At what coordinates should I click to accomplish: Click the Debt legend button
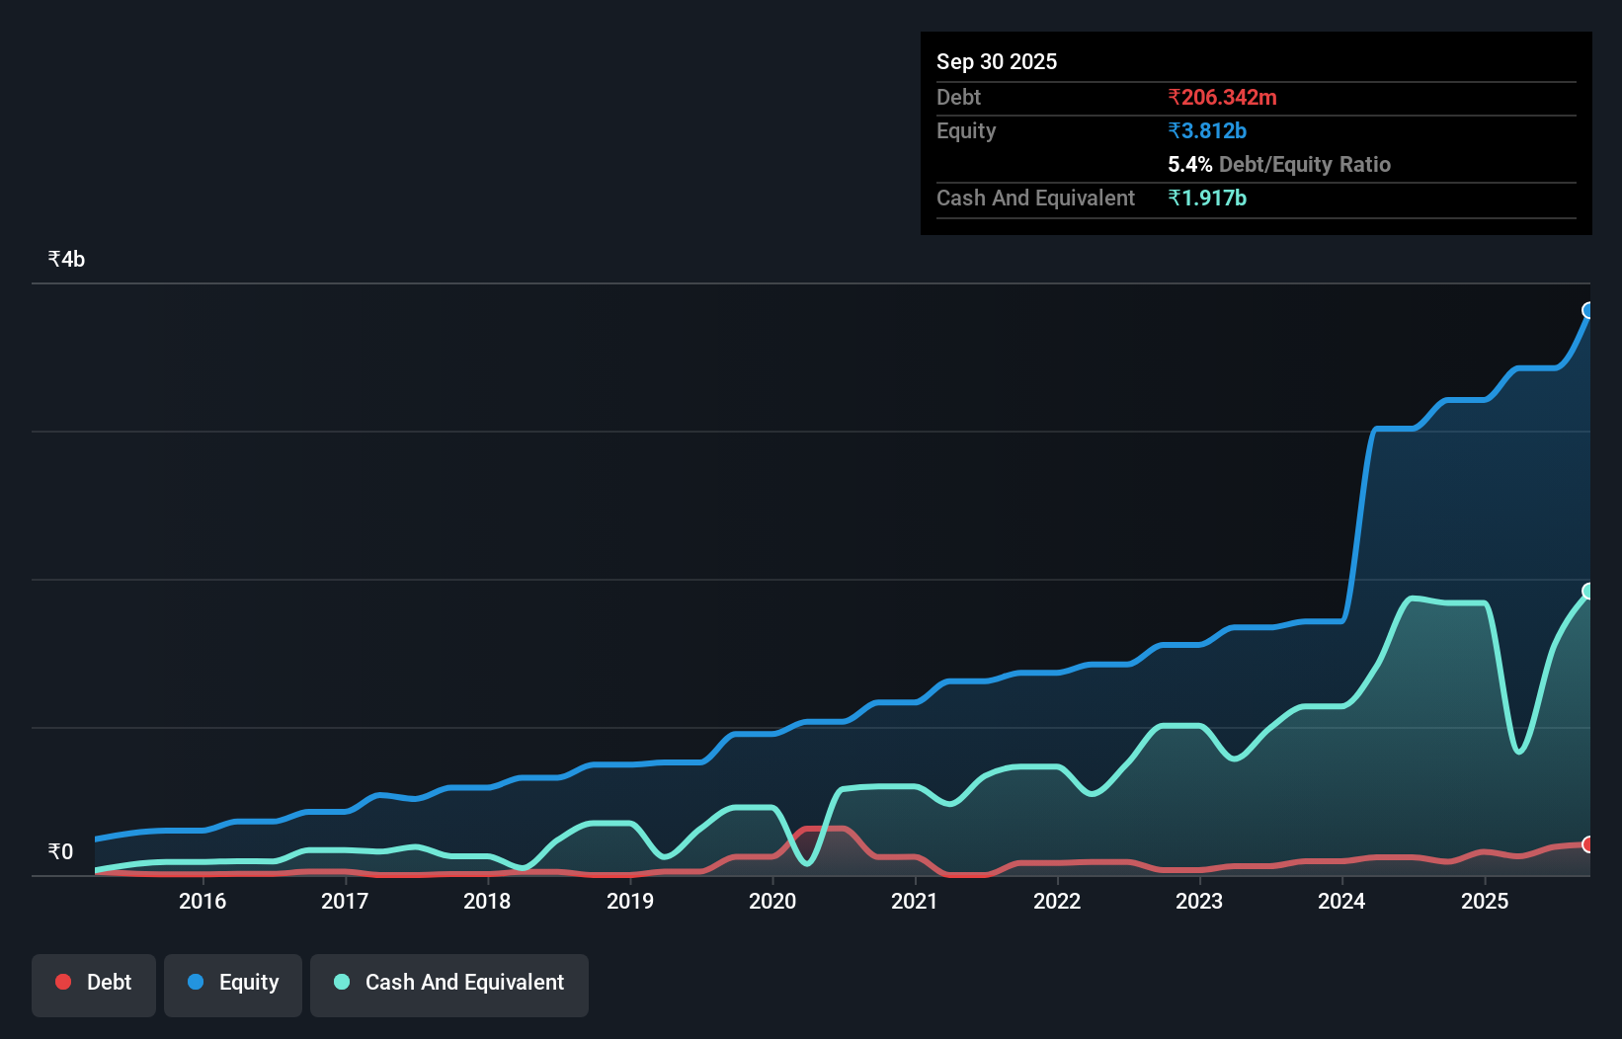pyautogui.click(x=94, y=983)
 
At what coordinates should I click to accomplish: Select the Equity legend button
pyautogui.click(x=233, y=983)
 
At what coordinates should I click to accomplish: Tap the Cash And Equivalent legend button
pyautogui.click(x=449, y=983)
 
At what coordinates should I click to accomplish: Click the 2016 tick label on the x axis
pyautogui.click(x=203, y=901)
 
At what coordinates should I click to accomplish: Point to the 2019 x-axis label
pyautogui.click(x=630, y=901)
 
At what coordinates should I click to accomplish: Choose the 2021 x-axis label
pyautogui.click(x=915, y=901)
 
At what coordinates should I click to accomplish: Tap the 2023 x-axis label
pyautogui.click(x=1199, y=901)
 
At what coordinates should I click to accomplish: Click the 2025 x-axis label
pyautogui.click(x=1485, y=901)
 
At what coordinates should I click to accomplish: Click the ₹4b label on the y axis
pyautogui.click(x=66, y=259)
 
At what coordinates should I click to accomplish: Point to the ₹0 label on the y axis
pyautogui.click(x=60, y=851)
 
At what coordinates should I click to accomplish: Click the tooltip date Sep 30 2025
pyautogui.click(x=997, y=61)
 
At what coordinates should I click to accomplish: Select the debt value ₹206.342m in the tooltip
pyautogui.click(x=1222, y=97)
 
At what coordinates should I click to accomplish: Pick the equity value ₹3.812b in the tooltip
pyautogui.click(x=1207, y=130)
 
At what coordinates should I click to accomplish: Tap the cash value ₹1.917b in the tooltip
pyautogui.click(x=1207, y=198)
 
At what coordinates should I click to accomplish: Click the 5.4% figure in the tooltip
pyautogui.click(x=1189, y=164)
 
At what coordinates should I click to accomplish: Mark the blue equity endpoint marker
pyautogui.click(x=1588, y=310)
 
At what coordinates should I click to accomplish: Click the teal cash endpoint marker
pyautogui.click(x=1588, y=591)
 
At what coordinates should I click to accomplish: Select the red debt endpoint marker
pyautogui.click(x=1588, y=844)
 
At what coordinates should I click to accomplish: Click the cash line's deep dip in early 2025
pyautogui.click(x=1519, y=752)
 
